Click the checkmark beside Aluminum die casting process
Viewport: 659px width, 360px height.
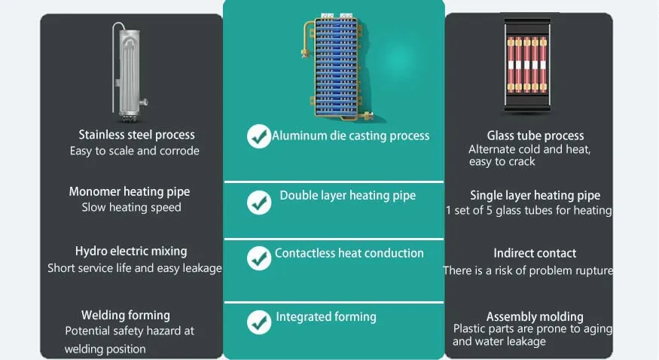point(258,136)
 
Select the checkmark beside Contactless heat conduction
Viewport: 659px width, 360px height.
point(259,258)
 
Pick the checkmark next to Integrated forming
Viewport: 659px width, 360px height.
point(259,322)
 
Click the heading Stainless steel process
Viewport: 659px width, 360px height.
point(136,135)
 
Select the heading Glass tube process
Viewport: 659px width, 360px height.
point(535,136)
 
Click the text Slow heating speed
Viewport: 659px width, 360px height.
point(131,207)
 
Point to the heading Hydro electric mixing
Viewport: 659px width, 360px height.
point(131,251)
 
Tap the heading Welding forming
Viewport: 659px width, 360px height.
point(126,315)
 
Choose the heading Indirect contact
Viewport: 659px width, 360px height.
point(535,253)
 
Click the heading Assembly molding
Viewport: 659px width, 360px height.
point(535,316)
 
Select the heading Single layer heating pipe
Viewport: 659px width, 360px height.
point(535,195)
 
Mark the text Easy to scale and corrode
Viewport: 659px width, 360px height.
point(135,151)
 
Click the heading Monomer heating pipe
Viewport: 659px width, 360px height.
point(130,191)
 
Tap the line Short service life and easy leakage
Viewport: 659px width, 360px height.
point(135,268)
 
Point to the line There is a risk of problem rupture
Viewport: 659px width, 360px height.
point(528,270)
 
